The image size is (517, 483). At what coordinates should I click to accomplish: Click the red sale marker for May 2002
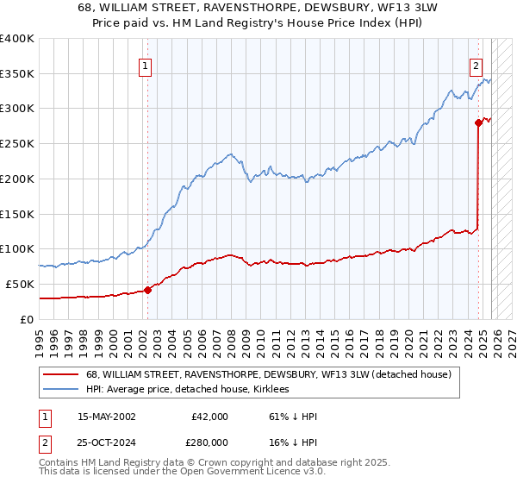tap(147, 290)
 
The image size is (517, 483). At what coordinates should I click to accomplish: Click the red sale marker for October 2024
tap(478, 122)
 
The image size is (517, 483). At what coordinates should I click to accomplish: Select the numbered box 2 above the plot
tap(475, 64)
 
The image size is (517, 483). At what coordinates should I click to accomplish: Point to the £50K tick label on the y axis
tap(20, 284)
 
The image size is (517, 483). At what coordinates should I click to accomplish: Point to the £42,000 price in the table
tap(209, 417)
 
